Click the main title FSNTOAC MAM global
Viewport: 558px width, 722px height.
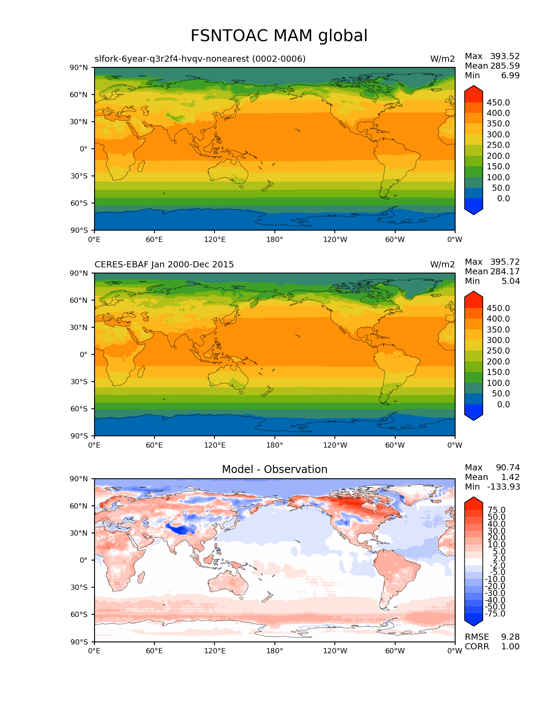[x=279, y=36]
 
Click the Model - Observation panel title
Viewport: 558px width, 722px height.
[x=274, y=470]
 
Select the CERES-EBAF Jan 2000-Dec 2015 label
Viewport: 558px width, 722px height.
[x=164, y=265]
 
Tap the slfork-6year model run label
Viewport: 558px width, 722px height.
[x=200, y=59]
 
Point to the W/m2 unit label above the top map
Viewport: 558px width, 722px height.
[x=442, y=59]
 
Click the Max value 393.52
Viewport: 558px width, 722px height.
[x=505, y=56]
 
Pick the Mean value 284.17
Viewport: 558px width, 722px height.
[x=505, y=272]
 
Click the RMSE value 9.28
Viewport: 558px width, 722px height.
[x=510, y=637]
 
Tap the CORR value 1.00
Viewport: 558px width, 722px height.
[x=510, y=647]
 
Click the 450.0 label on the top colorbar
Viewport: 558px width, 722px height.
[x=498, y=103]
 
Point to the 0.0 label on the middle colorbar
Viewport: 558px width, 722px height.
[x=503, y=405]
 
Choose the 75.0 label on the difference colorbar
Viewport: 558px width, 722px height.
[x=496, y=510]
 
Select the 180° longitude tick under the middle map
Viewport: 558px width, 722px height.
[x=274, y=445]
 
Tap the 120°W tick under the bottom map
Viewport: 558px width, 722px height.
[x=335, y=651]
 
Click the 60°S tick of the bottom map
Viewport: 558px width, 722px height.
[x=79, y=615]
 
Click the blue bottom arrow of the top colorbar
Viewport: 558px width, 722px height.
[x=474, y=207]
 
